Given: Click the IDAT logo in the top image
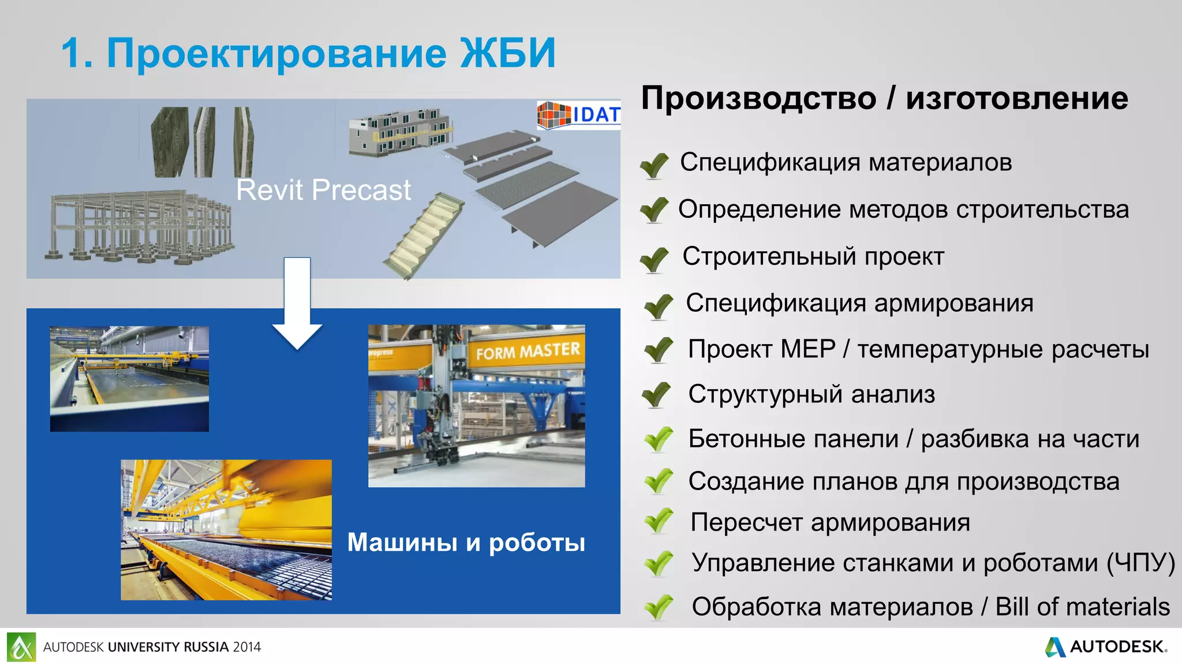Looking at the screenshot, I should (579, 114).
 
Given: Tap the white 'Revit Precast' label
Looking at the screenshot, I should (323, 190).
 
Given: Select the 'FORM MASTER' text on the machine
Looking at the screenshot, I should (528, 350).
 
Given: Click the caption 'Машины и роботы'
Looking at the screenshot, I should (466, 542).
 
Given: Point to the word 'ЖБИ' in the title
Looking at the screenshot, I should (507, 53).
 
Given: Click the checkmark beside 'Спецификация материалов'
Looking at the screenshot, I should (654, 165).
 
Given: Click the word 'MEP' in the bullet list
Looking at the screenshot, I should (807, 349).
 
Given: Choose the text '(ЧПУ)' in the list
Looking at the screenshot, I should (1140, 563).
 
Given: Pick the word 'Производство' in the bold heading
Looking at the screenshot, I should (758, 98).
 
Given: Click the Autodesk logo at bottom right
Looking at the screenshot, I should (1106, 647).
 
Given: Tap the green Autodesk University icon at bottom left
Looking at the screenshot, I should (21, 647).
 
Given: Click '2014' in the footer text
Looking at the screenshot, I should (247, 647).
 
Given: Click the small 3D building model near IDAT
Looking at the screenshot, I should (400, 132).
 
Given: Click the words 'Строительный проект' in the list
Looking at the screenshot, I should (813, 256).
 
